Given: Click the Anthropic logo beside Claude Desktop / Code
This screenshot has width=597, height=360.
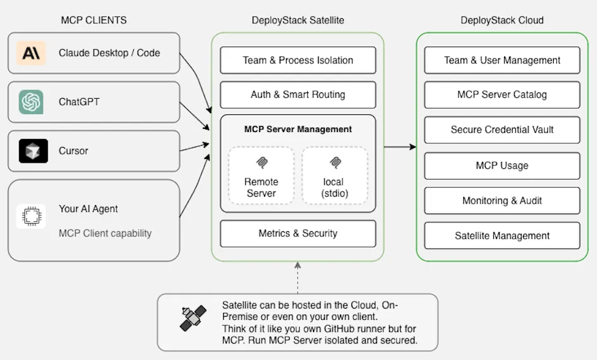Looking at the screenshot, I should click(x=31, y=53).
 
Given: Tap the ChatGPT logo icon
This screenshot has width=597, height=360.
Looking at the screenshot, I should click(x=31, y=102).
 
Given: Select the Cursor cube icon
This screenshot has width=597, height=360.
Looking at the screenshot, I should click(x=33, y=151).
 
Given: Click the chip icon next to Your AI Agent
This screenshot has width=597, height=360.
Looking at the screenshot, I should click(x=31, y=216).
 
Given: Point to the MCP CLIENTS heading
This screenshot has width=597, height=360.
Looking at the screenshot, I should click(x=94, y=20).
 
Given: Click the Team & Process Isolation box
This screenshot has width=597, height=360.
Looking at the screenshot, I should click(x=298, y=60).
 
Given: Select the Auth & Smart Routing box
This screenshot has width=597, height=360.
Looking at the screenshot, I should click(x=298, y=95).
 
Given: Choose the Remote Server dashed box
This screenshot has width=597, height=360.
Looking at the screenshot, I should click(x=261, y=175).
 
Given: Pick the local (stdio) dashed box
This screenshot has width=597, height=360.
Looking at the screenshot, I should click(x=334, y=175).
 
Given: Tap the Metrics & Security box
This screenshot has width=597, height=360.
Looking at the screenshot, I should click(x=298, y=233).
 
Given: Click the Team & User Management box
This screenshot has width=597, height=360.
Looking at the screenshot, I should click(x=502, y=60).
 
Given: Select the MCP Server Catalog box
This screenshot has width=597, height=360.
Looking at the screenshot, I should click(x=502, y=95).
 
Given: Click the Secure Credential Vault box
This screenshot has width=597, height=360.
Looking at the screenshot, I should click(x=502, y=130).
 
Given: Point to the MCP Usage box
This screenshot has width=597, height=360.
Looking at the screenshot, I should click(x=502, y=166).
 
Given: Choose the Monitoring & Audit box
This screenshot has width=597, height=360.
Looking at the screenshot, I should click(x=502, y=201).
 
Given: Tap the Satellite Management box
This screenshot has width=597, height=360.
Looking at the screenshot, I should click(x=502, y=236).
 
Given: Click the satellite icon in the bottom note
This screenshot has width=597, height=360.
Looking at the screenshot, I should click(x=194, y=318).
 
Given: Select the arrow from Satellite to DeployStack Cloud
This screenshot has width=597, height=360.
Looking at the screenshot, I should click(x=400, y=147).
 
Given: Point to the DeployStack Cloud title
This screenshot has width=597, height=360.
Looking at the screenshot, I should click(x=502, y=20).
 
